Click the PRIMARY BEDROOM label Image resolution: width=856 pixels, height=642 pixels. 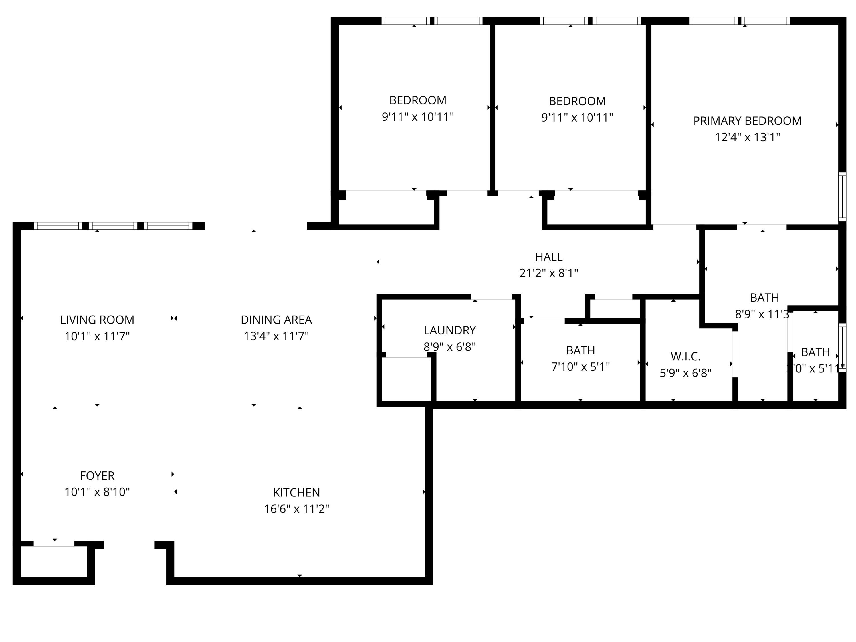[x=747, y=121]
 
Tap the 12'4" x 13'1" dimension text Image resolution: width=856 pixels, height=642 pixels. [x=747, y=137]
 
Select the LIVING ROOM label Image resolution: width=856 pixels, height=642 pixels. [x=97, y=320]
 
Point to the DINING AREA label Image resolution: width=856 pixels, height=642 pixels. [x=276, y=320]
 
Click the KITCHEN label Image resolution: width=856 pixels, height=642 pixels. [x=296, y=492]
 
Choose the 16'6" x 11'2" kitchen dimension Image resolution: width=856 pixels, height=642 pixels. [x=296, y=509]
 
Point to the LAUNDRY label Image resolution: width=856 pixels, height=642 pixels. [x=449, y=330]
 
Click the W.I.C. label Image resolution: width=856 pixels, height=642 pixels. [x=685, y=356]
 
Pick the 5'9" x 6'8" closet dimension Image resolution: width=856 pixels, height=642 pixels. [x=685, y=373]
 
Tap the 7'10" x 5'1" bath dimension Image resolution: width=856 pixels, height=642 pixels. [x=580, y=366]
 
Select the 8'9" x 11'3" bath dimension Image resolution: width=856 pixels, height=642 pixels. [x=762, y=314]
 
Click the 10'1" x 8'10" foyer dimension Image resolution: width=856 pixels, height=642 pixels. [x=97, y=492]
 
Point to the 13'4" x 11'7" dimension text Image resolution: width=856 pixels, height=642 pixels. [x=276, y=336]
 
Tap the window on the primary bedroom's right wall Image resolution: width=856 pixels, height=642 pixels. [x=842, y=197]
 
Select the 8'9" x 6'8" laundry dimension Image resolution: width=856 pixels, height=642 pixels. [x=449, y=347]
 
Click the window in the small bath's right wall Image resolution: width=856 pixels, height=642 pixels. [x=842, y=348]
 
